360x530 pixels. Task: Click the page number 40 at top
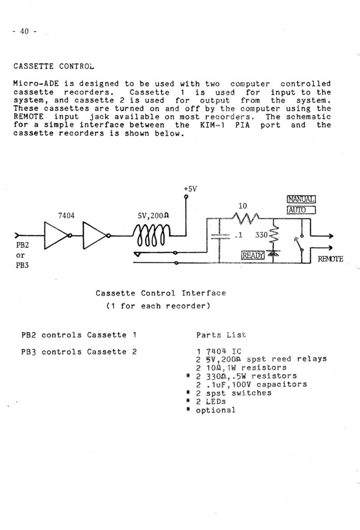24,32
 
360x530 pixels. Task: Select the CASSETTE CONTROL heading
54,66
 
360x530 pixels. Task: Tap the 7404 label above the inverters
66,216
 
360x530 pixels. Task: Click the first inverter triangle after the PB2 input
56,235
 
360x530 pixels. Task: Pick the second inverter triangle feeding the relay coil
95,235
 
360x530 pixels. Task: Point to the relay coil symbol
152,235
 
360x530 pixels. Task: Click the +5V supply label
190,188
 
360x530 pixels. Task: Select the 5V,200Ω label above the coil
153,215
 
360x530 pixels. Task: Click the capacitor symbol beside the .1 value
220,236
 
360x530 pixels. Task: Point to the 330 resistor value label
261,234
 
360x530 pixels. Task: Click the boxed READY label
252,255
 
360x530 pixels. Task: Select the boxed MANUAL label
301,199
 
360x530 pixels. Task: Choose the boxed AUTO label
301,210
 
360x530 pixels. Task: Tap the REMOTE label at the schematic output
331,259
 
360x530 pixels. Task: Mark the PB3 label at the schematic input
22,266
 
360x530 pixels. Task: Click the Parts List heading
221,335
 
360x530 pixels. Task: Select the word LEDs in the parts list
216,402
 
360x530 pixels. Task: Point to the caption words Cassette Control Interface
161,293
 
